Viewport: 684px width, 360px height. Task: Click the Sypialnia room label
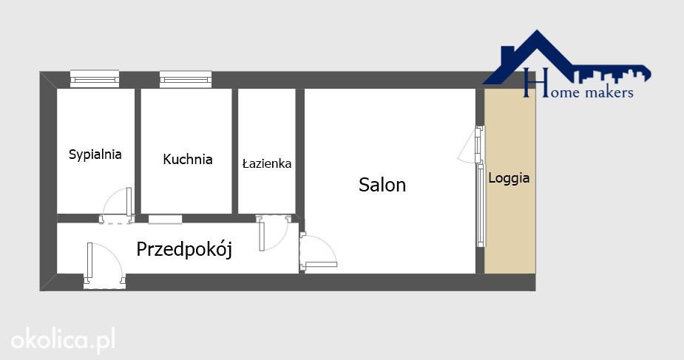(x=95, y=154)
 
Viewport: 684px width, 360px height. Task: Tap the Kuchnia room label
(x=188, y=159)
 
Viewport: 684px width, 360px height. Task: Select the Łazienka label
(x=266, y=163)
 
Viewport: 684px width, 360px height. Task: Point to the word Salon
(x=382, y=185)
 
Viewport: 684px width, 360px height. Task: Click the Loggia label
(x=509, y=178)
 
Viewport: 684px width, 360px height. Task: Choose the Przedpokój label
(x=184, y=249)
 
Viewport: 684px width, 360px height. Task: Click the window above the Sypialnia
(x=95, y=79)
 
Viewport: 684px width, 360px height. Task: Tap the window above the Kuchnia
(x=186, y=79)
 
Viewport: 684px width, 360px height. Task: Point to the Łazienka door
(x=273, y=233)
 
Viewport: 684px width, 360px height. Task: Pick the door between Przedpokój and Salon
(x=318, y=252)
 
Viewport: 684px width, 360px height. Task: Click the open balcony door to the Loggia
(x=471, y=144)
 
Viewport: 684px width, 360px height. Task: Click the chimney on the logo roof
(x=508, y=54)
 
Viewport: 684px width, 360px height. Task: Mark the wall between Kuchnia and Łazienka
(x=234, y=151)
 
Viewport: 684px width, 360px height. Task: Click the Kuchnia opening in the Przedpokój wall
(x=165, y=220)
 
